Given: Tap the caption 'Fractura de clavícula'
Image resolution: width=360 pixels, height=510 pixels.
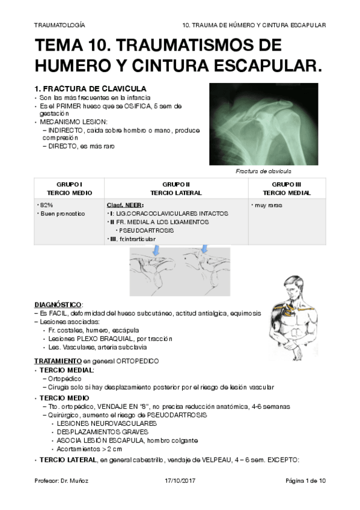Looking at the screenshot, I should pos(264,171).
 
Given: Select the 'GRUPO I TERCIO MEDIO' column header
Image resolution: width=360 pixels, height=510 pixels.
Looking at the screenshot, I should pos(69,188).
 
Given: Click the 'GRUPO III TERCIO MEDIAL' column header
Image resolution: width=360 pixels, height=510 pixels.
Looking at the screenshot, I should pos(287,188).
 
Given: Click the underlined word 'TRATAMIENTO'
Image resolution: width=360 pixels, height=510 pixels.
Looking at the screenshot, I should pos(56,361).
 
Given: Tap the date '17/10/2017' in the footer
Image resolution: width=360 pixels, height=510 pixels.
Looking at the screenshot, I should pos(180,481).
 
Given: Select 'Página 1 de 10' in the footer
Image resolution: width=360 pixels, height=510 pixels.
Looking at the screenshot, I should pos(305,481).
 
